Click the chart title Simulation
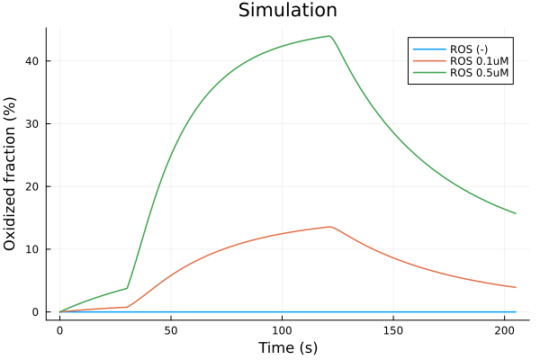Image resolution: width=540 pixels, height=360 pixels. pos(287,11)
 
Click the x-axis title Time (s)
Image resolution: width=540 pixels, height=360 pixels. pos(287,347)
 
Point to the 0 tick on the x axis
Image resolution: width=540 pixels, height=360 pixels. pos(60,329)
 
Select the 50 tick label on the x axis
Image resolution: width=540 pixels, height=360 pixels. pos(171,329)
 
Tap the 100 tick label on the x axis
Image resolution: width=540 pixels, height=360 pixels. pos(282,329)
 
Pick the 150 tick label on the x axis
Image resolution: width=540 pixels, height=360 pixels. pos(393,329)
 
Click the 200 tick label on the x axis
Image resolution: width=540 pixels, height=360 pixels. pos(504,329)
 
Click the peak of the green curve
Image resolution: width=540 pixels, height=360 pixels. pos(330,36)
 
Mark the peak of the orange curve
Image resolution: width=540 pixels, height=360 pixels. pos(330,227)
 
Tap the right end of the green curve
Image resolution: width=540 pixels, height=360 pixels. pos(516,213)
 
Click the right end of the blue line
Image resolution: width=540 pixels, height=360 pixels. pos(516,311)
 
